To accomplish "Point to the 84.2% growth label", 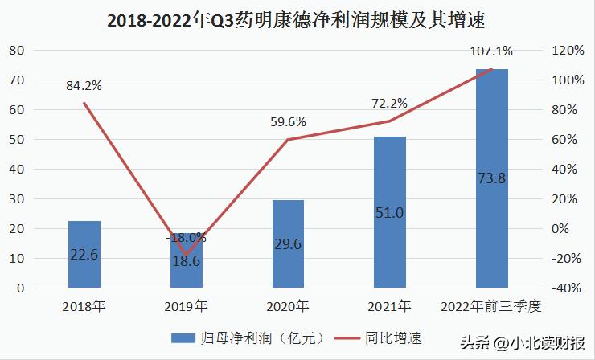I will [84, 86].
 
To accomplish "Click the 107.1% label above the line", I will [492, 52].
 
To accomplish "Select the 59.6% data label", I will [288, 122].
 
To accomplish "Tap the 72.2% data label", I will [390, 104].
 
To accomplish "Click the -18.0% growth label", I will [187, 237].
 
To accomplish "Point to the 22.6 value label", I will [84, 255].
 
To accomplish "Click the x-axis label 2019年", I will [187, 306].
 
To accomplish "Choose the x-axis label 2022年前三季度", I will [492, 306].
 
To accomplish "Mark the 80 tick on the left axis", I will [18, 50].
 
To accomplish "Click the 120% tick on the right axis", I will [568, 50].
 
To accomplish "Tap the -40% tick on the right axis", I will [568, 288].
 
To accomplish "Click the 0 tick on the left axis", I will [22, 288].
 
